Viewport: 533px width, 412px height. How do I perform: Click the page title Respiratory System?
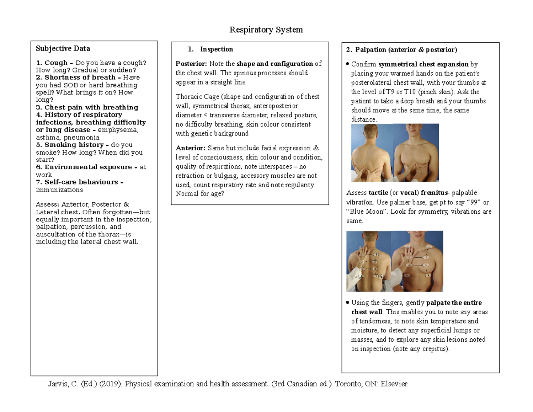point(266,30)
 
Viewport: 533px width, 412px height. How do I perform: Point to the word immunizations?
point(59,190)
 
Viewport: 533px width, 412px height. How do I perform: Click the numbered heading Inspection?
point(216,49)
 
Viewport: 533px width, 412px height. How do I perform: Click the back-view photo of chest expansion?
point(372,152)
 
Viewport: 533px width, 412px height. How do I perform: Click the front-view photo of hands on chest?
point(416,152)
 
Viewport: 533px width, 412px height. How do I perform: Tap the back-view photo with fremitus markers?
point(368,261)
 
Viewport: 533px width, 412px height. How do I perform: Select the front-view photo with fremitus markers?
point(417,261)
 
